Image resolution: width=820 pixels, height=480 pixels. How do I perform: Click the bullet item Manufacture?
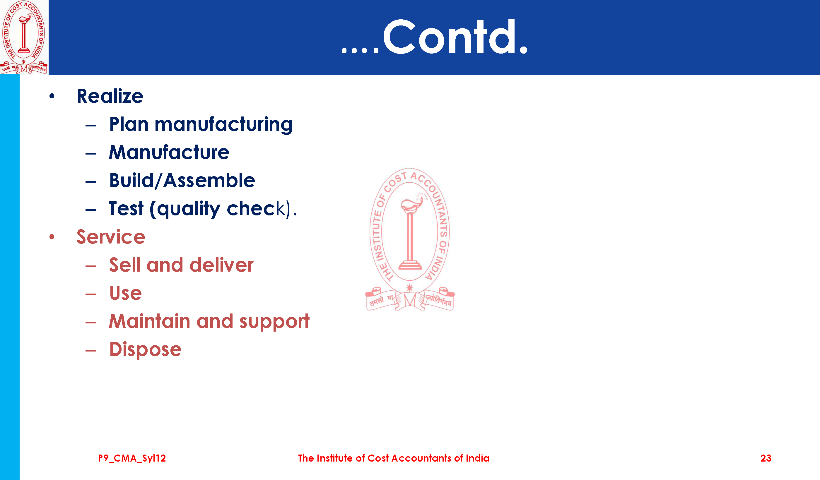tap(169, 152)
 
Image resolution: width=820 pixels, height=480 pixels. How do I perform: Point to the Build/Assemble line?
tap(182, 181)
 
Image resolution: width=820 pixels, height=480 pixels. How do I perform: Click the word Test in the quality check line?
tap(126, 208)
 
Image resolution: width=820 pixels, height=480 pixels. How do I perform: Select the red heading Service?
tap(111, 237)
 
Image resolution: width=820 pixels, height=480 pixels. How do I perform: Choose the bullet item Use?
tap(126, 293)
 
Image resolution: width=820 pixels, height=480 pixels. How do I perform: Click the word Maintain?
tap(150, 321)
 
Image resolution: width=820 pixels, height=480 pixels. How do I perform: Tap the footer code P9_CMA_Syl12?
tap(132, 459)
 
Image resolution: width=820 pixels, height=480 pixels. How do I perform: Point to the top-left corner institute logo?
tap(24, 37)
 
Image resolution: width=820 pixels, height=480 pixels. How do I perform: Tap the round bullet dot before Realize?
tap(52, 96)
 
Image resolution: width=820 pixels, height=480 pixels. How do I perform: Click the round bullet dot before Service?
tap(52, 237)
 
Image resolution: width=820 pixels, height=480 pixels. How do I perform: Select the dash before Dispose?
tap(91, 351)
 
